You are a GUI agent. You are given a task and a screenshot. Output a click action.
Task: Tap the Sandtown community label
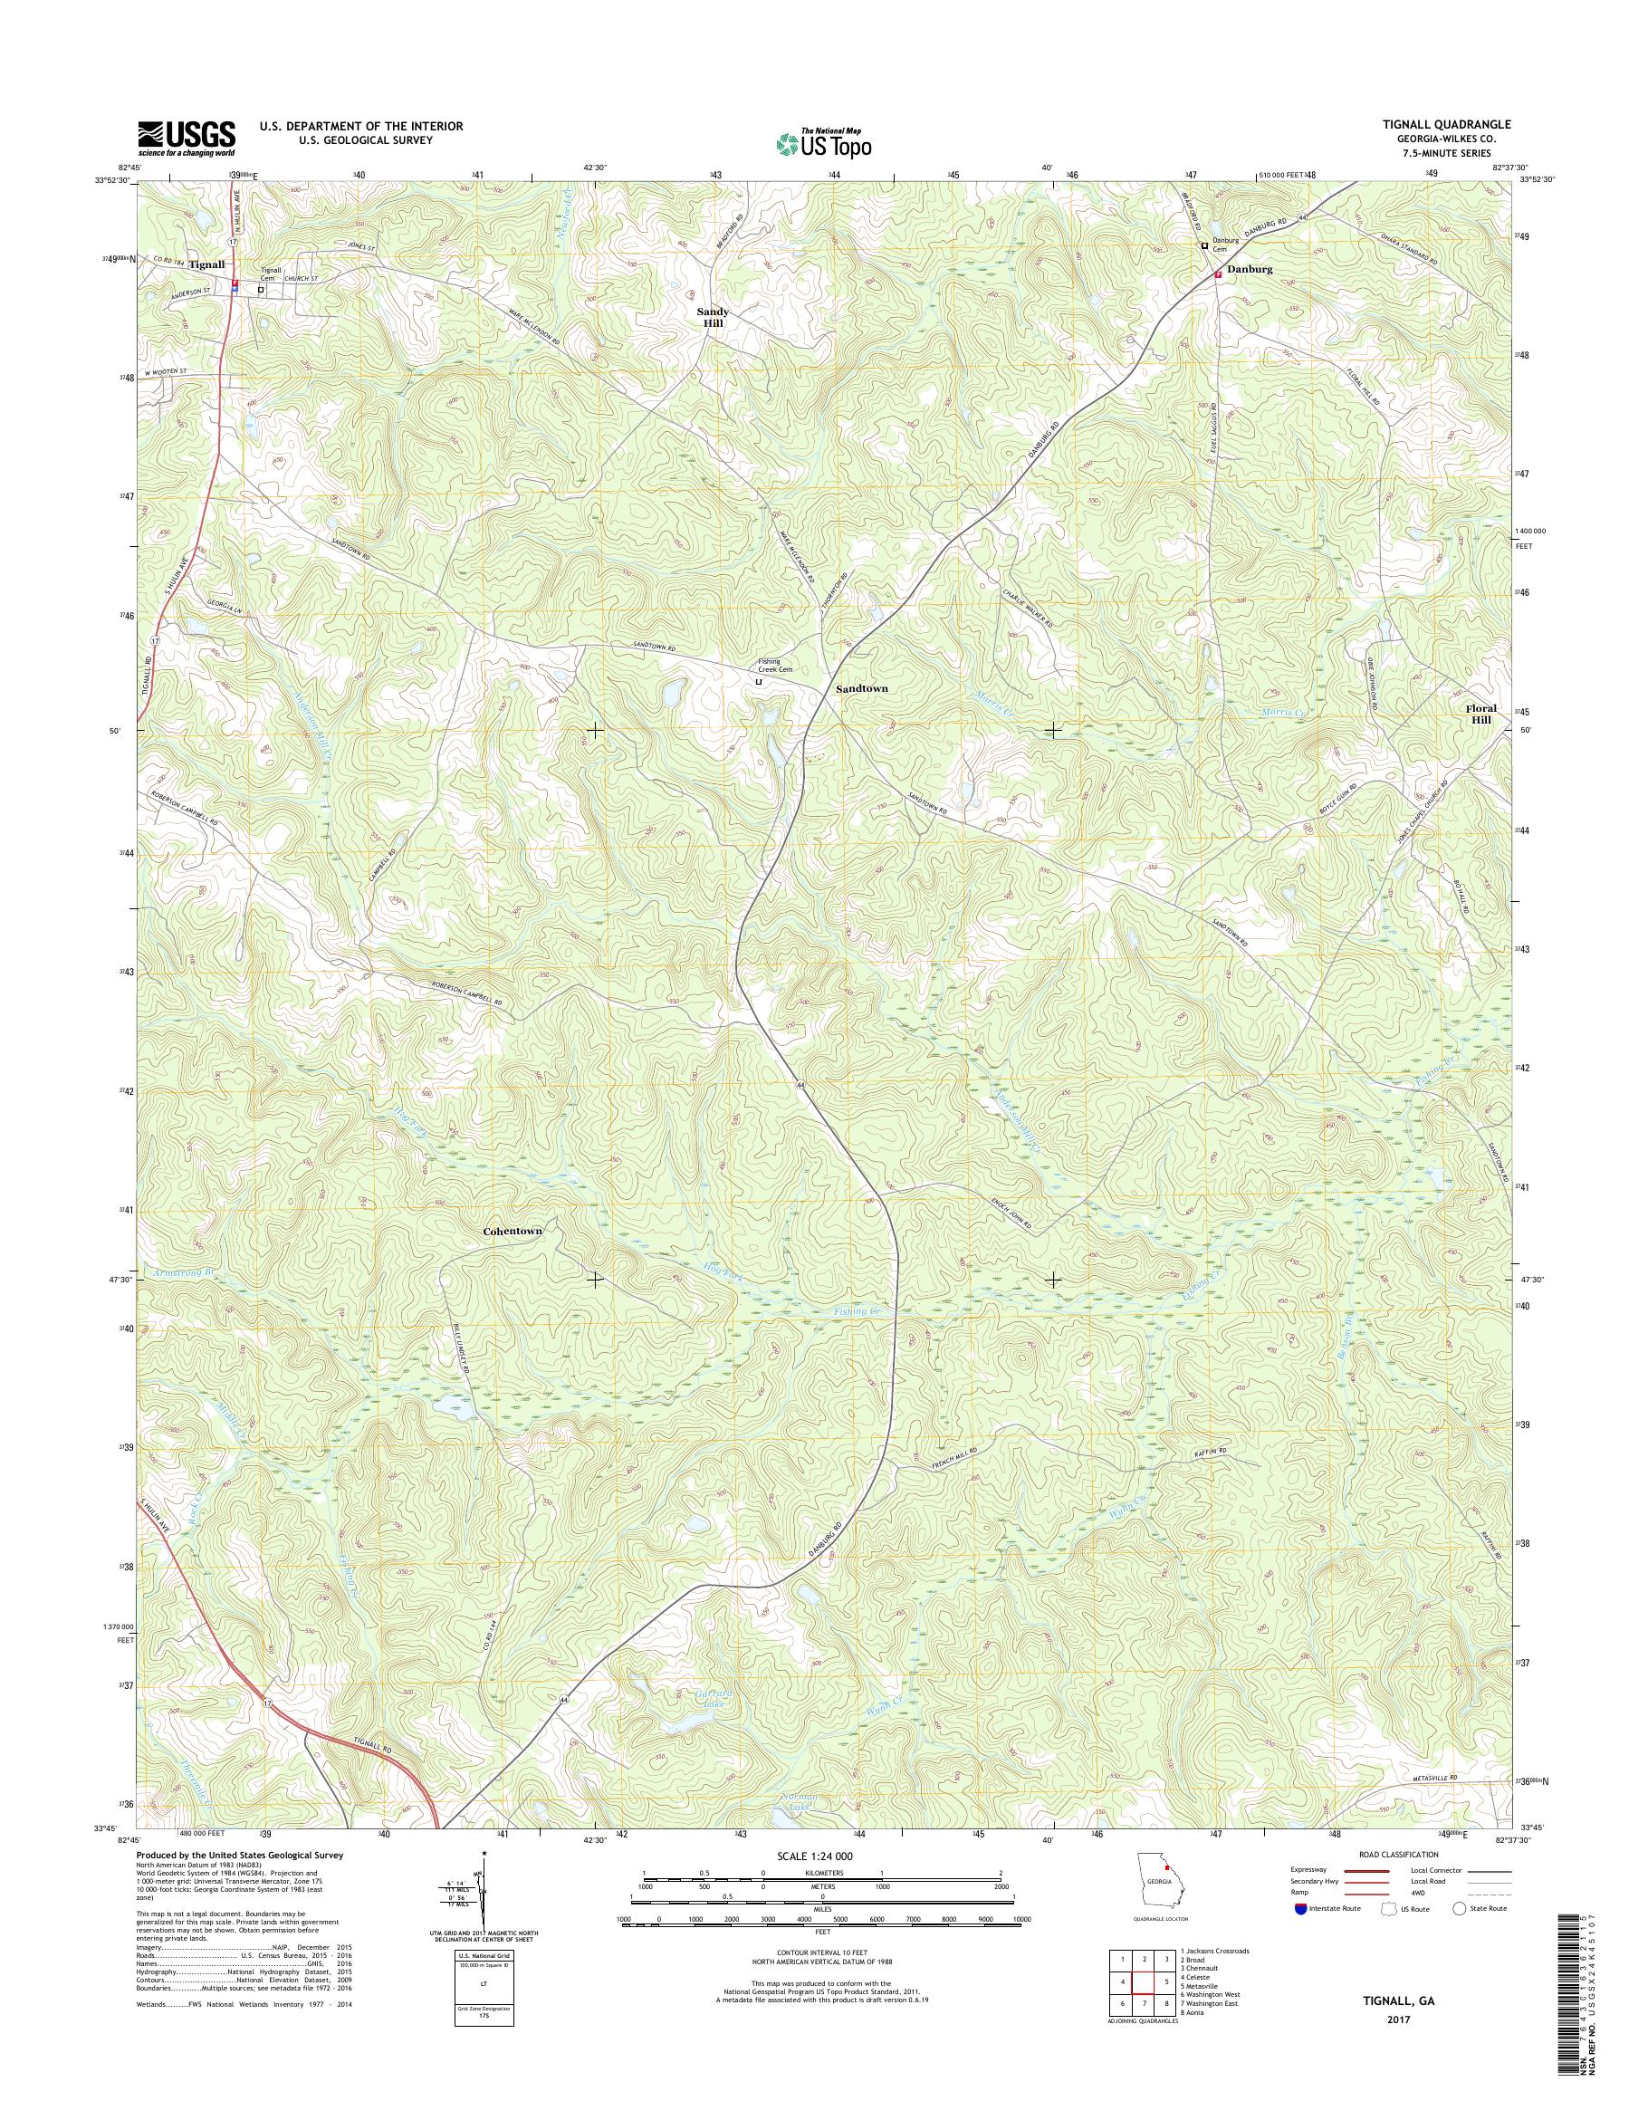tap(862, 689)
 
